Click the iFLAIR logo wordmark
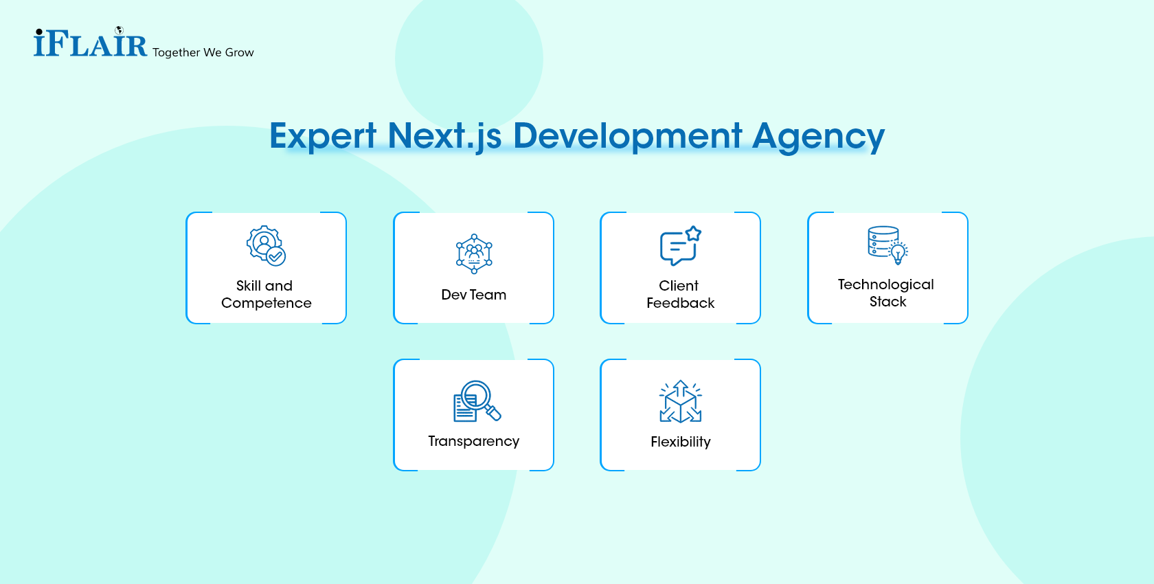point(90,44)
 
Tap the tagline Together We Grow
point(203,52)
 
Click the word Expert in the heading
point(323,136)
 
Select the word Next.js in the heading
point(444,136)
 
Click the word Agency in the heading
point(818,136)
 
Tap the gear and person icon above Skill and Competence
point(266,245)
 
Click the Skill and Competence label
point(266,294)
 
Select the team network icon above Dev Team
point(474,254)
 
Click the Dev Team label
point(474,295)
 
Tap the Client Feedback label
point(680,294)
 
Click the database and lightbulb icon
point(887,245)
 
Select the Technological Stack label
point(887,293)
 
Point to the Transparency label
point(474,441)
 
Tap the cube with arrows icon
point(680,401)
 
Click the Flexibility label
point(681,442)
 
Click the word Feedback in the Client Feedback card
point(681,303)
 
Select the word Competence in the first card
point(267,303)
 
